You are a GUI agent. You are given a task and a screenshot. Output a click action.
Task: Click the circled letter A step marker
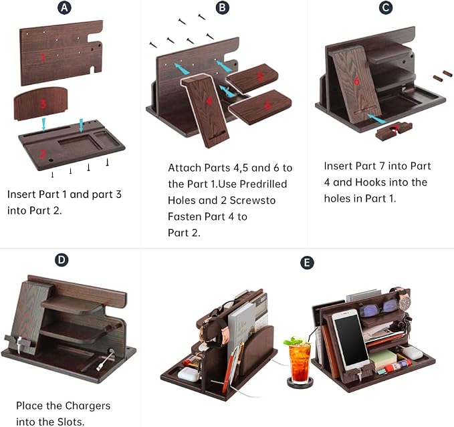tap(65, 7)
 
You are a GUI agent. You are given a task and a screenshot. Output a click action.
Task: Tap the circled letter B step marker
tap(223, 7)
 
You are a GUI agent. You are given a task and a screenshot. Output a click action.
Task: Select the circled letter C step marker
tap(386, 7)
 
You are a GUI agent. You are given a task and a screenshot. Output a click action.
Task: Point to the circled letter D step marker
tap(62, 260)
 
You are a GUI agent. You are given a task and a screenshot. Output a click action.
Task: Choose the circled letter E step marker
tap(307, 263)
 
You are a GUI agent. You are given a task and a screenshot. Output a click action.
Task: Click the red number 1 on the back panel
tap(43, 57)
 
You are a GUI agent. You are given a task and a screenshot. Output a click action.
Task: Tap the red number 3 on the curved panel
tap(43, 104)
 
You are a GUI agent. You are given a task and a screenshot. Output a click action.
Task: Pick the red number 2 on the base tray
tap(43, 154)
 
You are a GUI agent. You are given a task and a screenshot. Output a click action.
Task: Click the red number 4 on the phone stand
tap(209, 101)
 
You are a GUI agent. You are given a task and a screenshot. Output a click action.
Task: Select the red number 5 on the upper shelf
tap(261, 76)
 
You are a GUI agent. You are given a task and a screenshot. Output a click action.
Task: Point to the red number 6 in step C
tap(357, 81)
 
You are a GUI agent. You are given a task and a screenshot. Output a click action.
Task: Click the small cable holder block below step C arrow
tap(393, 131)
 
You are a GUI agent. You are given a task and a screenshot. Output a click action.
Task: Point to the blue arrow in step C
tap(377, 119)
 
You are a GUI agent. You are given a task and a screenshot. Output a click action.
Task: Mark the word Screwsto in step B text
tap(253, 200)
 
